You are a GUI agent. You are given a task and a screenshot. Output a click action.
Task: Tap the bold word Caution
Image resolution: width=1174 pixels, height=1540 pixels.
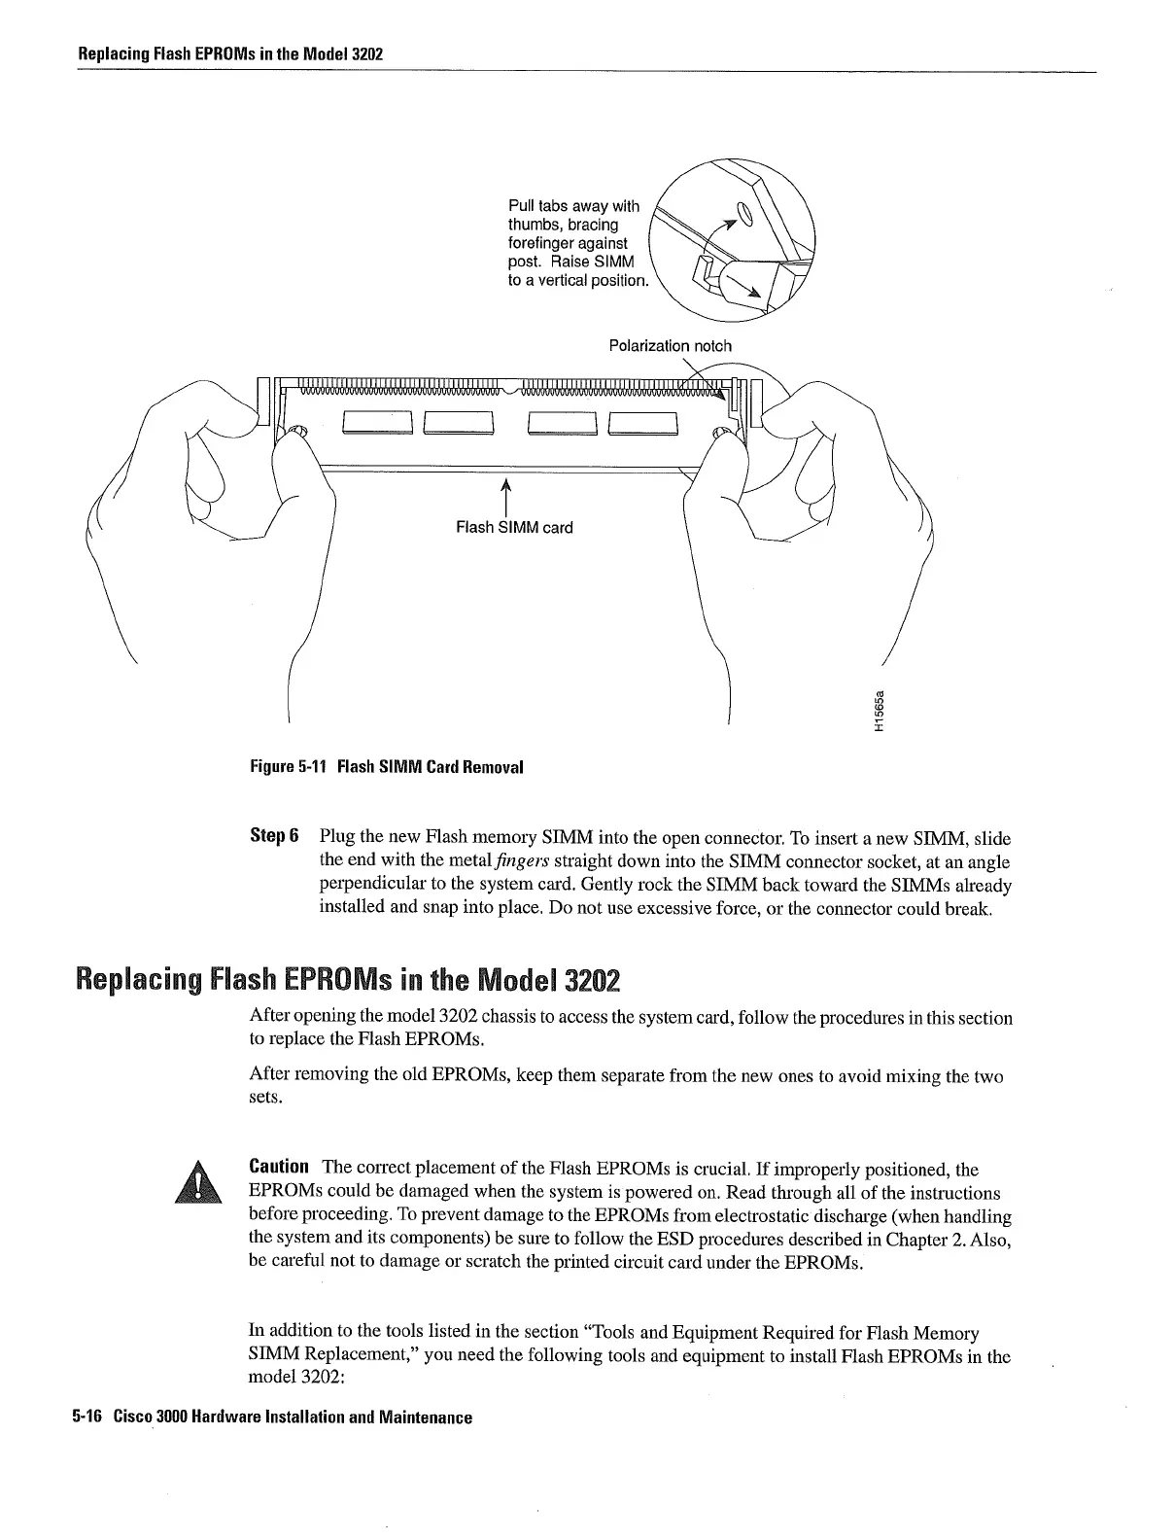click(x=279, y=1166)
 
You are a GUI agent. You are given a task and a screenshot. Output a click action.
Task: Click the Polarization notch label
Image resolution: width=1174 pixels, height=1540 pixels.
click(x=670, y=346)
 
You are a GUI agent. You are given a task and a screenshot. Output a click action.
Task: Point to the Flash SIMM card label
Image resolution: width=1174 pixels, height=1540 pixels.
click(x=514, y=528)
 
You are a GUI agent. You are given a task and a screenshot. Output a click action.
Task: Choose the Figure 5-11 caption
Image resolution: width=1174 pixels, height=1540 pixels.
click(x=386, y=767)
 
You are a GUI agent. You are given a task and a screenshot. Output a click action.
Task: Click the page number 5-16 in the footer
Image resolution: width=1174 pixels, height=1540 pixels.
click(x=86, y=1417)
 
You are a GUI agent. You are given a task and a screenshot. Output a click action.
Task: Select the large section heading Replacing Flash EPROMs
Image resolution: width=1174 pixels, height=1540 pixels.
click(x=348, y=978)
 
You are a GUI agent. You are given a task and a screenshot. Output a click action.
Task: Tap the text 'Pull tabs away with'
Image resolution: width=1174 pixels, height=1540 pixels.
click(x=573, y=206)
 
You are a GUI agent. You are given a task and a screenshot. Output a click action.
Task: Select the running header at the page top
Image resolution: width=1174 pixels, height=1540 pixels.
click(x=230, y=53)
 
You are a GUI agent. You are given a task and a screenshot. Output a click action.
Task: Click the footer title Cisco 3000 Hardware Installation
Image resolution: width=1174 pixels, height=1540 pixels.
click(x=293, y=1417)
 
